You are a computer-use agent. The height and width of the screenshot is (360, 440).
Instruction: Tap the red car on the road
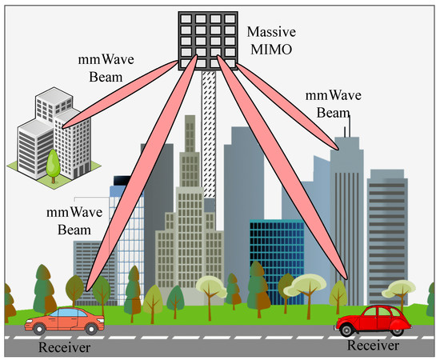(374, 319)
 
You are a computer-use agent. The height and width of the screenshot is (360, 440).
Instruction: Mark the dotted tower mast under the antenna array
(210, 128)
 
